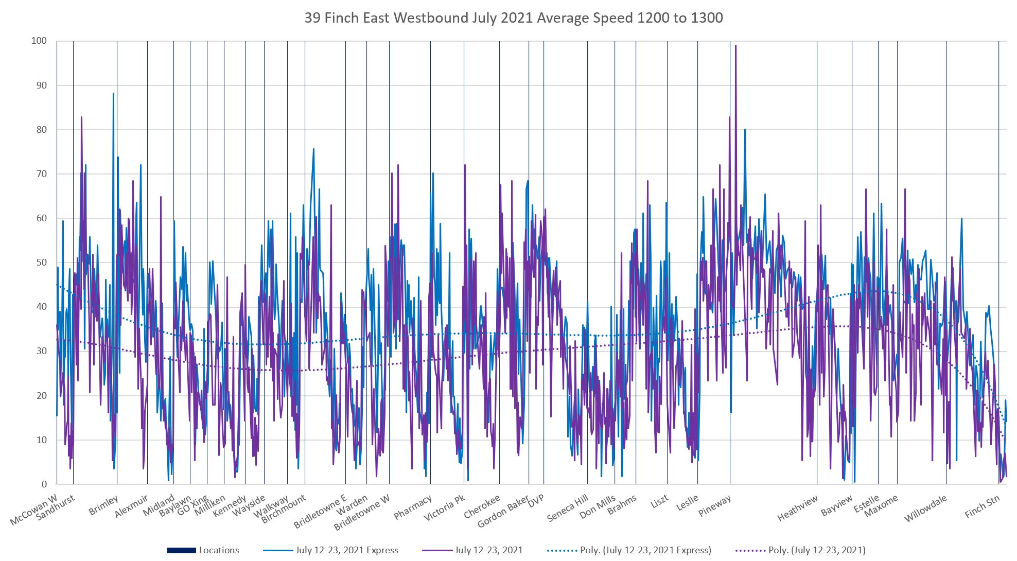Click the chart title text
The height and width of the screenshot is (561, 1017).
tap(513, 18)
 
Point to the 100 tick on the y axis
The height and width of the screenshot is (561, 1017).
tap(39, 41)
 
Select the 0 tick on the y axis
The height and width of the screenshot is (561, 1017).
tap(44, 484)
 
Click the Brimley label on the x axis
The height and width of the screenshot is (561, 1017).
tap(103, 505)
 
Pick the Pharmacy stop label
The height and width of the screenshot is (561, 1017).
tap(413, 507)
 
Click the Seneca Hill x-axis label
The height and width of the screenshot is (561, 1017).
tap(568, 508)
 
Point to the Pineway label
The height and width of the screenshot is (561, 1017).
tap(715, 506)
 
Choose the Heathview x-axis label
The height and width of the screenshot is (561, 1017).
tap(798, 508)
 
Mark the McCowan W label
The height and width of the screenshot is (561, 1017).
tap(34, 510)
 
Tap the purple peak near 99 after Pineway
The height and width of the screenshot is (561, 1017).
tap(735, 46)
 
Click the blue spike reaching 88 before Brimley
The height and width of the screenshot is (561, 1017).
tap(113, 94)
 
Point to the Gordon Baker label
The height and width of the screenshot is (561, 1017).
tap(503, 512)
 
